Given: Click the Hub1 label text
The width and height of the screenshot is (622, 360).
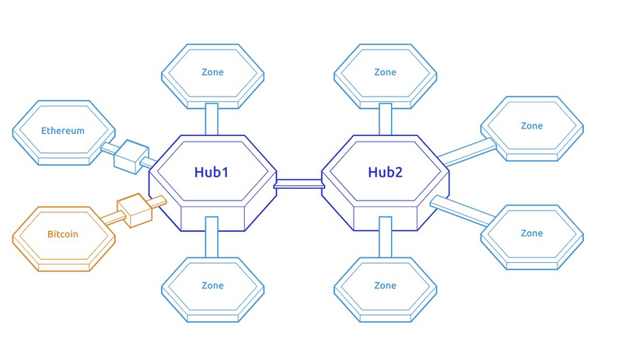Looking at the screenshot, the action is point(211,172).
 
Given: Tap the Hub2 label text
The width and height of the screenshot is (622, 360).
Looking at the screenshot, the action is point(385,172).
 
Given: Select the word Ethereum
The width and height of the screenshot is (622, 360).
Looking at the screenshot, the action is point(63,131).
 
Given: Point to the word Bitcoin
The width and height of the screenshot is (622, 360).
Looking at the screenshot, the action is point(63,234).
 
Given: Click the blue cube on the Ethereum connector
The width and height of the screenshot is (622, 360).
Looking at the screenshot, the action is point(131,156).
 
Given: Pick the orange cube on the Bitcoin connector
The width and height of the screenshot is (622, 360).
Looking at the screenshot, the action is point(134,211).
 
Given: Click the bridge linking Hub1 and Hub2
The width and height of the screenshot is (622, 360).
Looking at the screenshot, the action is point(299,183).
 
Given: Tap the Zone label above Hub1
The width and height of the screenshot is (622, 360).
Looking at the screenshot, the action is point(212,72).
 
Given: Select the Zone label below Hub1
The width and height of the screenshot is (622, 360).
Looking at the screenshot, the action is point(212,285).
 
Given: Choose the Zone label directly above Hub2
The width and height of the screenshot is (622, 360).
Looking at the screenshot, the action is point(385,72).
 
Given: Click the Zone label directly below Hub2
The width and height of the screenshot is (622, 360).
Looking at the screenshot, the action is point(385,285).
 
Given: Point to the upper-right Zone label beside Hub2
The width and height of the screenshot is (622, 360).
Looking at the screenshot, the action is point(532,126).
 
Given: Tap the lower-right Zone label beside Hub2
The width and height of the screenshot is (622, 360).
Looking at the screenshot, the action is point(532,233).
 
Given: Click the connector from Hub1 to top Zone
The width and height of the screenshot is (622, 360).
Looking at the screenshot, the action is point(211,119).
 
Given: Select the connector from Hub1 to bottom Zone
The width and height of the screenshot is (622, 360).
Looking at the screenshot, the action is point(211,237).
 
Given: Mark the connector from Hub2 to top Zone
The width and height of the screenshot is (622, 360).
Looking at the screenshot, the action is point(385,119).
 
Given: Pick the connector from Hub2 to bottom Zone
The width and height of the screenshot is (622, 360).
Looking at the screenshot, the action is point(385,237).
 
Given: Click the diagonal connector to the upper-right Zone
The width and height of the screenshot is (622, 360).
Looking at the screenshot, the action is point(467,152).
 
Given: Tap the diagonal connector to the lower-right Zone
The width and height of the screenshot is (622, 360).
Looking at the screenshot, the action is point(463,211).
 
